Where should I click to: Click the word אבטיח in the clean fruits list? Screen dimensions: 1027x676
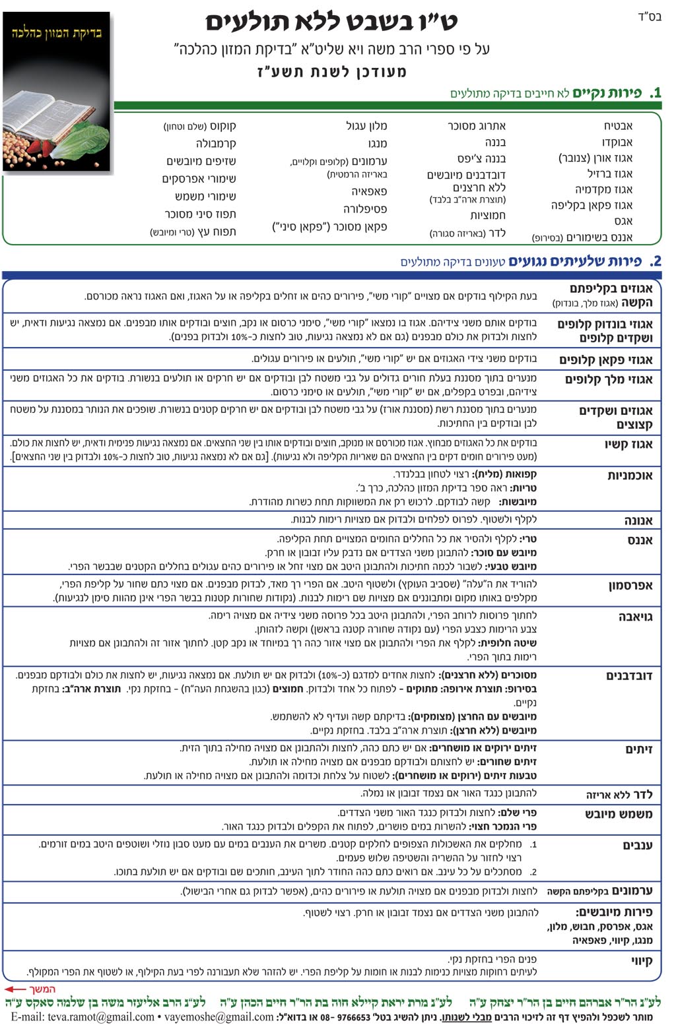tap(618, 126)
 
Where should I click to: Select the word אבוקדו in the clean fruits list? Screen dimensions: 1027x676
tap(617, 142)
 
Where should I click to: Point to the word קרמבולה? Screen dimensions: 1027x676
tap(216, 143)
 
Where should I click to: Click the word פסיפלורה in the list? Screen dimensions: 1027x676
tap(365, 209)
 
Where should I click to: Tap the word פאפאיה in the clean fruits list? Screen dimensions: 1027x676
tap(369, 191)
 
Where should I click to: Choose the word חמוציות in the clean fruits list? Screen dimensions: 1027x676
tap(488, 216)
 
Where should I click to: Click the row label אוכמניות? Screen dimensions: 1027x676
tap(630, 476)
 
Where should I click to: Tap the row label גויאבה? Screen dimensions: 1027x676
tap(635, 617)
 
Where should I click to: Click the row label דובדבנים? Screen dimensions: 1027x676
tap(629, 676)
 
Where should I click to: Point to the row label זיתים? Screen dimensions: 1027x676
tap(638, 749)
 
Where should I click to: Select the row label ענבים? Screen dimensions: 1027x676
tap(637, 846)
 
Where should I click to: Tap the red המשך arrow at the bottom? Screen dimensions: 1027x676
tap(30, 989)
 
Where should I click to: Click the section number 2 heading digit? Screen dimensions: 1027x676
tap(656, 262)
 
